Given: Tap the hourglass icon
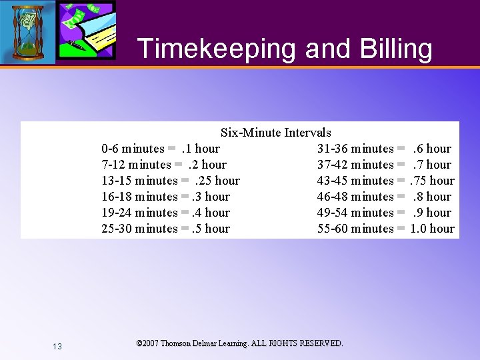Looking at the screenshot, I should click(x=27, y=31).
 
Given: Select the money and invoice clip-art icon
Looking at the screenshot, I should click(x=86, y=30).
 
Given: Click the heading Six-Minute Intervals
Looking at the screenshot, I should click(x=275, y=133).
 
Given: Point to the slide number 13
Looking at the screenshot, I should click(x=57, y=346).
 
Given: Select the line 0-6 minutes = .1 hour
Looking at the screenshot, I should click(x=161, y=149).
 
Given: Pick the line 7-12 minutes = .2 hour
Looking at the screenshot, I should click(x=164, y=165).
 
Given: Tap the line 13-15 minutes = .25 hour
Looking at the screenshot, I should click(x=171, y=181).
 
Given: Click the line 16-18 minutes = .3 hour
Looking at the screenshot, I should click(x=165, y=197).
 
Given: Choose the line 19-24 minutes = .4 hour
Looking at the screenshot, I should click(x=165, y=213).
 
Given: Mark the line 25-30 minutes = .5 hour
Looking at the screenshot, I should click(x=165, y=229).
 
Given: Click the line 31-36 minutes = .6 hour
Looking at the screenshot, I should click(x=384, y=149).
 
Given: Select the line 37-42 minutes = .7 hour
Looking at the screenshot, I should click(x=384, y=165).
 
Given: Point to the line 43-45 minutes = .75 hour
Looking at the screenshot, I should click(x=385, y=181).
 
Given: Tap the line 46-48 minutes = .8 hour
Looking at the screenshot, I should click(x=384, y=197).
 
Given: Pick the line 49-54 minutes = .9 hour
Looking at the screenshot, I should click(x=384, y=213).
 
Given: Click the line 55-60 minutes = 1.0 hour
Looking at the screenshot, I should click(x=385, y=229).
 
